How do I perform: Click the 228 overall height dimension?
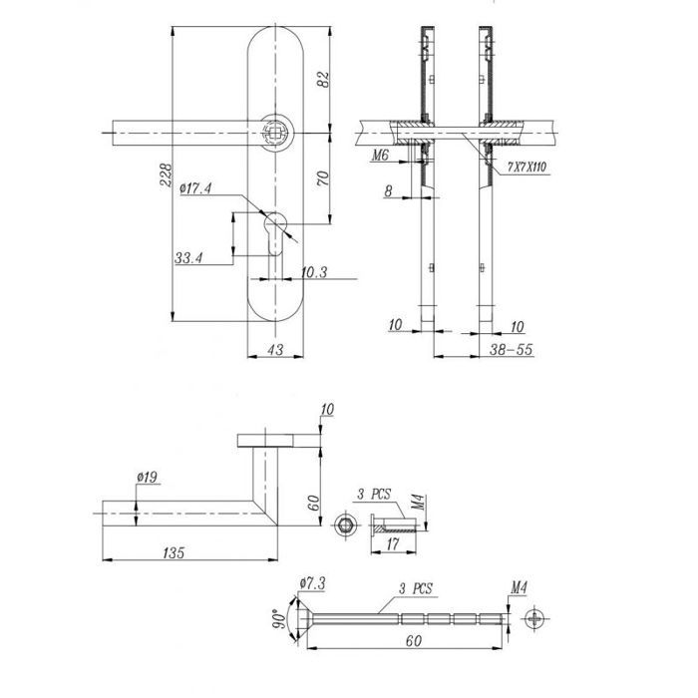tap(166, 174)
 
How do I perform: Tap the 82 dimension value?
tap(324, 79)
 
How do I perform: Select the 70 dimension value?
tap(324, 178)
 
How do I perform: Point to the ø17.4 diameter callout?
tap(195, 188)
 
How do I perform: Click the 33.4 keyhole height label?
tap(188, 257)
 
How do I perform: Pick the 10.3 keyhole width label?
tap(314, 272)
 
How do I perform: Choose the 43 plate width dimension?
tap(275, 349)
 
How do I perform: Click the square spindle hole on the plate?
tap(275, 133)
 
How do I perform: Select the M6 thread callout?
tap(381, 155)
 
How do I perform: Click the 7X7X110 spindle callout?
tap(527, 168)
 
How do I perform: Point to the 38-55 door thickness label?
tap(511, 349)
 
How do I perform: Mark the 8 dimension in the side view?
tap(389, 191)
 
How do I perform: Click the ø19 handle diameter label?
tap(148, 478)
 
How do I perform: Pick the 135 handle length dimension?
tap(174, 552)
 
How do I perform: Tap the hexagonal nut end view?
tap(344, 525)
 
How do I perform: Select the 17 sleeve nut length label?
tap(393, 544)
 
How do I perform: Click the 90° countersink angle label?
tap(279, 619)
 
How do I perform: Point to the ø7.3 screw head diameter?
tap(313, 583)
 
